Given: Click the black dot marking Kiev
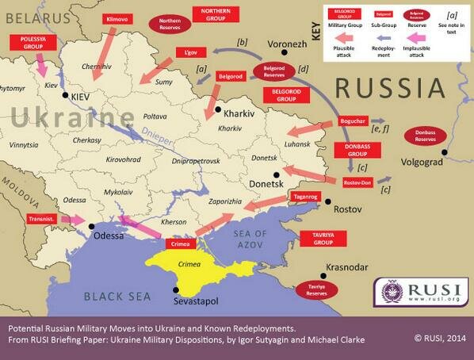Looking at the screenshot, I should click(x=65, y=95).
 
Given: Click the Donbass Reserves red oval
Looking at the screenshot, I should click(x=426, y=136).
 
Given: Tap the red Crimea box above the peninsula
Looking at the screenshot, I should click(x=182, y=244).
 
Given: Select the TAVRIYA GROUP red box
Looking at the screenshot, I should click(x=317, y=239).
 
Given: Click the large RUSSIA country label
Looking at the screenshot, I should click(x=393, y=86).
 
